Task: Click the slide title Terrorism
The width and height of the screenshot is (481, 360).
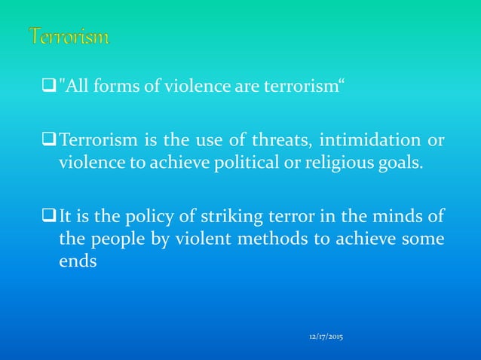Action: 69,35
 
